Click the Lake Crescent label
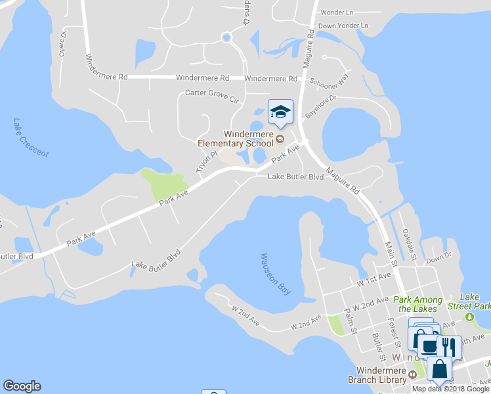pyautogui.click(x=30, y=138)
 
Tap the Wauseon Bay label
pyautogui.click(x=275, y=273)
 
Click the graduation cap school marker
pyautogui.click(x=280, y=113)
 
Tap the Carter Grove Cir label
pyautogui.click(x=211, y=96)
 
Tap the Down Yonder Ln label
pyautogui.click(x=343, y=26)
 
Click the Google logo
pyautogui.click(x=22, y=386)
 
